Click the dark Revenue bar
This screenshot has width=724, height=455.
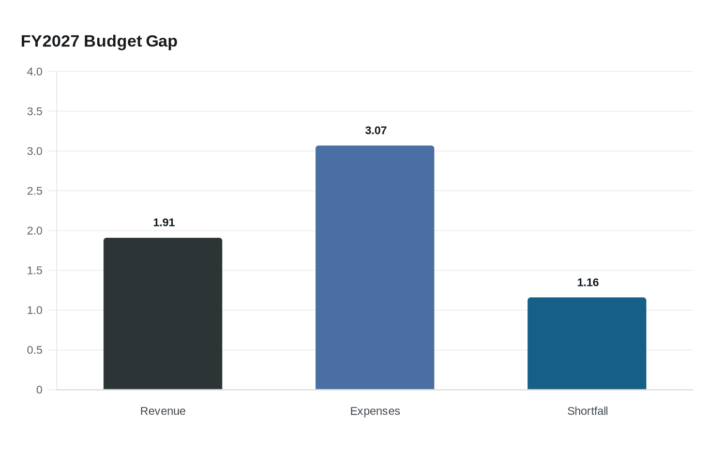pos(163,314)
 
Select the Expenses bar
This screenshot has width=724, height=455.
pos(375,267)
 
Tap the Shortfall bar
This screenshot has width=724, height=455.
pos(587,343)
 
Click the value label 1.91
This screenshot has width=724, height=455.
pos(164,223)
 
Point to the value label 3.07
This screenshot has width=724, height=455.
pos(376,131)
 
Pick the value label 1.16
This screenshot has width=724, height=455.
pos(588,283)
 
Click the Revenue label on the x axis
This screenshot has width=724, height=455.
pos(163,411)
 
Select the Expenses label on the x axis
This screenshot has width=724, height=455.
pos(375,411)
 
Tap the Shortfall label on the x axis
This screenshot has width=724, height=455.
pos(587,411)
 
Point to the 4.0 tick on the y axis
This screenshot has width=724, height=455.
pos(35,72)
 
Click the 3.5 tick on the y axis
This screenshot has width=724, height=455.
pos(35,112)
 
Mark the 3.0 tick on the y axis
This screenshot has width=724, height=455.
pos(35,151)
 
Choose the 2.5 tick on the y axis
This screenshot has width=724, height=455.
pos(35,191)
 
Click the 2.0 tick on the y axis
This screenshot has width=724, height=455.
pos(35,231)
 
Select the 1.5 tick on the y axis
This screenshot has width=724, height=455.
pos(35,271)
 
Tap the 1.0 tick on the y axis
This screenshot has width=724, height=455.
pos(35,311)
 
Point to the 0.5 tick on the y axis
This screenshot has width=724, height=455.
pos(35,351)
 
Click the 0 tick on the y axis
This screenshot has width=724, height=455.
pos(39,390)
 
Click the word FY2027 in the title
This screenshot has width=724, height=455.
pos(50,41)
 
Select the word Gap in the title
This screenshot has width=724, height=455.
pos(161,41)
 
